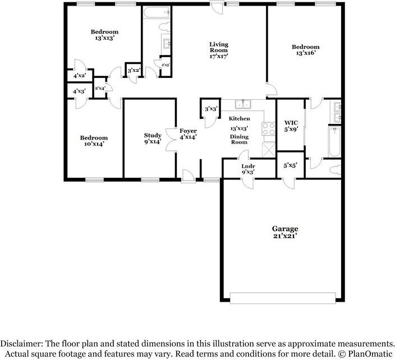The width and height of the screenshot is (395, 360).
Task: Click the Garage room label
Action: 284,229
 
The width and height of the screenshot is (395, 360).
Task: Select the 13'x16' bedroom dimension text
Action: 305,54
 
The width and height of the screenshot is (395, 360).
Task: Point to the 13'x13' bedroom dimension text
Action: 104,39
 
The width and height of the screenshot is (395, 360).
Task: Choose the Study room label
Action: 153,135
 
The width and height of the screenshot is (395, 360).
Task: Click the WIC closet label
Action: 291,122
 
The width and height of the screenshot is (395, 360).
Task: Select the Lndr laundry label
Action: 248,166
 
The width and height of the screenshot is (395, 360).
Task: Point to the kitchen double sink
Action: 243,104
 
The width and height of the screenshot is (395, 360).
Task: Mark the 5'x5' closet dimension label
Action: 290,166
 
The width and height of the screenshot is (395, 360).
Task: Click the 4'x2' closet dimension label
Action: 79,75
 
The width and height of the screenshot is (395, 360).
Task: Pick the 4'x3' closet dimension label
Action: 79,91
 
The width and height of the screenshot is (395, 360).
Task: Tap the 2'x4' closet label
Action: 100,88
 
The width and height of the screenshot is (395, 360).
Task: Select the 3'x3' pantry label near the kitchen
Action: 211,109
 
